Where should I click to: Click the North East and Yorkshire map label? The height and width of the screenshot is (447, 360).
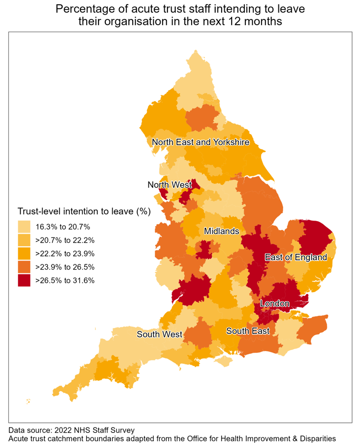coord(200,142)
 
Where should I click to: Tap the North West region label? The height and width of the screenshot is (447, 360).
coord(169,184)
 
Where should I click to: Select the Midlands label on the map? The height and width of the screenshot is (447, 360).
coord(222,231)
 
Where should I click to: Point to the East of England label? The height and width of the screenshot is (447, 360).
coord(296,257)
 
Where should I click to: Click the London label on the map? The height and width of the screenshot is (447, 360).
coord(275,304)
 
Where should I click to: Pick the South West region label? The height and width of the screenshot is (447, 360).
coord(159,334)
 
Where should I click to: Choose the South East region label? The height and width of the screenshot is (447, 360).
coord(248,331)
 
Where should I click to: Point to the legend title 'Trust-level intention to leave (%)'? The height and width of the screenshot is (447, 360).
coord(84,212)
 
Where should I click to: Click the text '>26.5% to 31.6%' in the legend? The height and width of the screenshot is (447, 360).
coord(65,281)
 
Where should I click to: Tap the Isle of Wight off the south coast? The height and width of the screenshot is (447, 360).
coord(225,361)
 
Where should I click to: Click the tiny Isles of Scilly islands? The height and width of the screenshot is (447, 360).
coord(28,402)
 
